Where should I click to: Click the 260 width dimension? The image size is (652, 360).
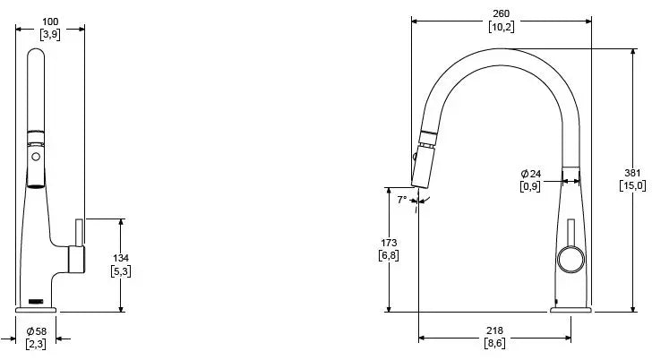(501, 13)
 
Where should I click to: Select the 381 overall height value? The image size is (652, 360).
(632, 173)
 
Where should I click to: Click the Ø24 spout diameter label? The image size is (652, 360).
(530, 174)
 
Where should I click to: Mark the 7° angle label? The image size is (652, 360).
(402, 200)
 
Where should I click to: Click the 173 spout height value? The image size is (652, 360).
(389, 243)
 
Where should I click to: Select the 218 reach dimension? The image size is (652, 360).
(493, 330)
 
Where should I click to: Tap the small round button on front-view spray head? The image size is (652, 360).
(36, 156)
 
